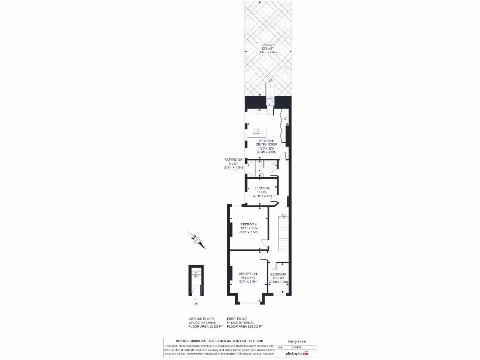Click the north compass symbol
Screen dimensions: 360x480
click(197, 240)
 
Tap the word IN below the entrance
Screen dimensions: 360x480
click(196, 304)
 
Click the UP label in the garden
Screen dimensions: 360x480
click(270, 81)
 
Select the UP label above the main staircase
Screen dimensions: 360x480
click(284, 215)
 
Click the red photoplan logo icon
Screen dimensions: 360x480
click(307, 353)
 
